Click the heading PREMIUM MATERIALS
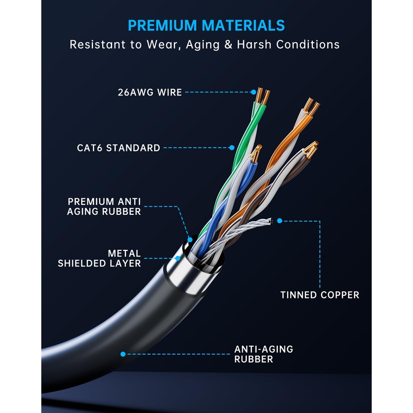[x=206, y=25]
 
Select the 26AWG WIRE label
[x=149, y=93]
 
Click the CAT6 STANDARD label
[x=119, y=148]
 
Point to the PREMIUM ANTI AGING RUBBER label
[x=104, y=206]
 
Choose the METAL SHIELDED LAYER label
[x=99, y=258]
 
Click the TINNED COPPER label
[x=320, y=295]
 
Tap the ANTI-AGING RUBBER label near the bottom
[x=263, y=354]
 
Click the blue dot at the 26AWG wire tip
[x=253, y=92]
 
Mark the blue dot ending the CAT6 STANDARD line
[x=232, y=148]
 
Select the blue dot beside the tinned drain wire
[x=279, y=220]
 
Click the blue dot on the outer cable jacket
[x=123, y=354]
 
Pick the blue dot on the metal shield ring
[x=178, y=257]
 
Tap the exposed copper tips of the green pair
[x=263, y=97]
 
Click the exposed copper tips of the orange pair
[x=311, y=105]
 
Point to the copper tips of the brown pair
[x=311, y=150]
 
